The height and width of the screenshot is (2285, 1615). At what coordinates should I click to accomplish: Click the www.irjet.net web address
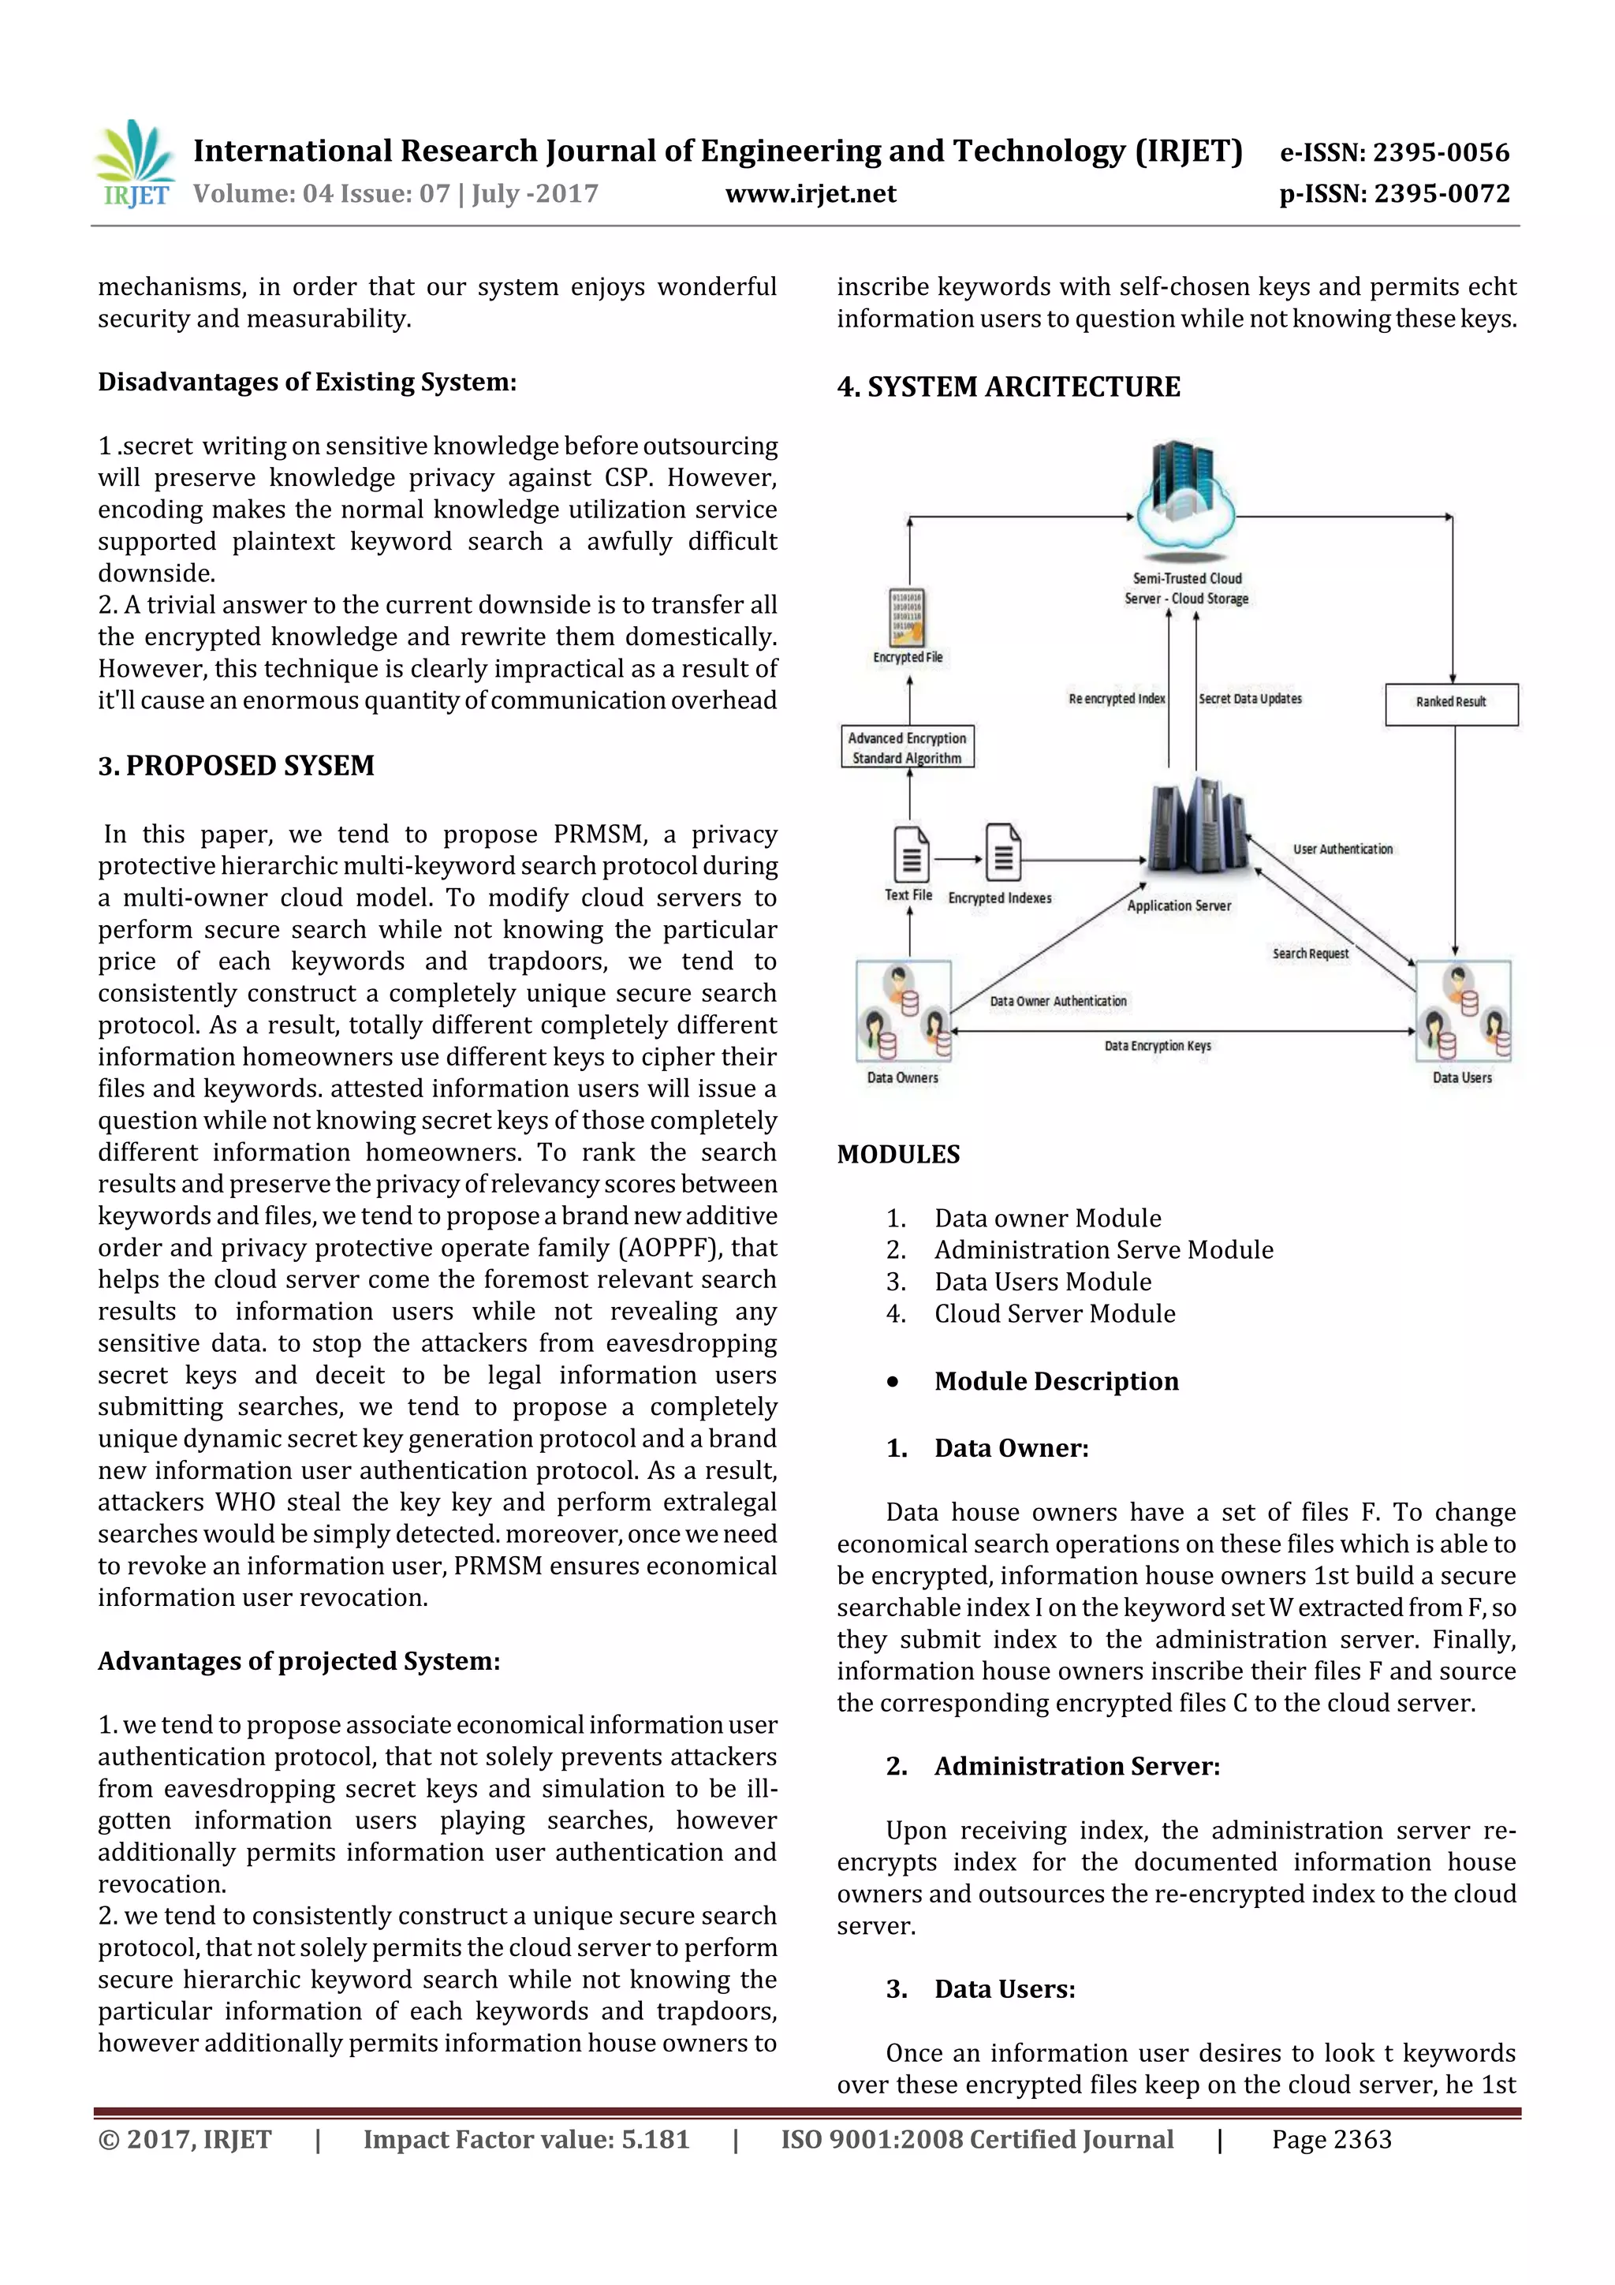click(810, 194)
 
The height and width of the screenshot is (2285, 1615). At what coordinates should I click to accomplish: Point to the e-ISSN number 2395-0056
click(1440, 152)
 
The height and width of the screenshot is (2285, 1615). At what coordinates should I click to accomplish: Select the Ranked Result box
click(1451, 703)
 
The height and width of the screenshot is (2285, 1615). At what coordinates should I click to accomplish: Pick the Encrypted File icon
click(907, 617)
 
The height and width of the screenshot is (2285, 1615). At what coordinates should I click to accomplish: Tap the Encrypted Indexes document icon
click(1003, 853)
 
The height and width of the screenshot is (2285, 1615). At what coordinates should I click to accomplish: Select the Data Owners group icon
click(904, 1011)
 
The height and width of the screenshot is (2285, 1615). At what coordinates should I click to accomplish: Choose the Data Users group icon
click(1463, 1011)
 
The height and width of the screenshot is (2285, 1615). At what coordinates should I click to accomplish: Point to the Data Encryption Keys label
click(1158, 1046)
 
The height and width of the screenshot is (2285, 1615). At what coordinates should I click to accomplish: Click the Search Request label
click(1310, 954)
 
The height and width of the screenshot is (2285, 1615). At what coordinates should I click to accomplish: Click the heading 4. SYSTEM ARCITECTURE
click(1008, 387)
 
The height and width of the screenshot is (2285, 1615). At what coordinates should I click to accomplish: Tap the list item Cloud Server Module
click(1054, 1314)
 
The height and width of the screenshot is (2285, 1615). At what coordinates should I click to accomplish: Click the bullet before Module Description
click(893, 1383)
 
